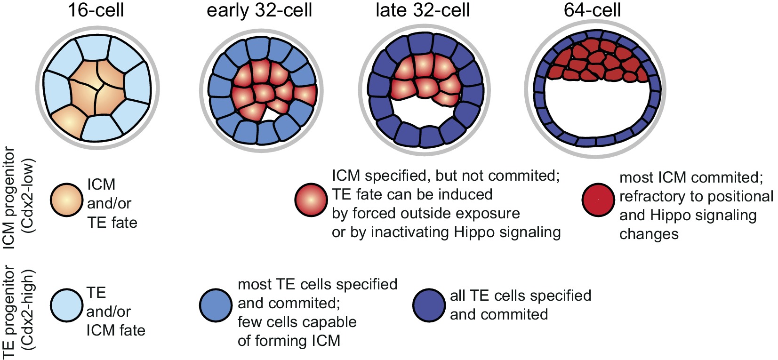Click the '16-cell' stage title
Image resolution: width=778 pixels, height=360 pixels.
click(x=96, y=10)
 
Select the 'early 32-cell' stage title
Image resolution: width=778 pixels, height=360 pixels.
click(x=259, y=10)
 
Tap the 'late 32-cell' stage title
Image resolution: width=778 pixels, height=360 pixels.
click(x=422, y=10)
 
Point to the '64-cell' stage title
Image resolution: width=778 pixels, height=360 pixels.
click(x=592, y=10)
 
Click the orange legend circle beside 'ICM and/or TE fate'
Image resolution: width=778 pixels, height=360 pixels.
click(x=67, y=200)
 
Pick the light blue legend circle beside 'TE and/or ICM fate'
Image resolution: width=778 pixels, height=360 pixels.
click(x=67, y=305)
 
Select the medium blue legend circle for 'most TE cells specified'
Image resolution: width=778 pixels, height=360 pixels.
click(x=216, y=305)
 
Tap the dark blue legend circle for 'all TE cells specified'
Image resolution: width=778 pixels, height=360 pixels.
click(x=429, y=305)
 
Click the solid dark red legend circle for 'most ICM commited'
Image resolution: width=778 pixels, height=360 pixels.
click(x=598, y=200)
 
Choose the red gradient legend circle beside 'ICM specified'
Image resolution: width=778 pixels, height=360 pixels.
click(x=311, y=200)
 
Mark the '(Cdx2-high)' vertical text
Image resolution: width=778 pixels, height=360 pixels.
click(x=29, y=310)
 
